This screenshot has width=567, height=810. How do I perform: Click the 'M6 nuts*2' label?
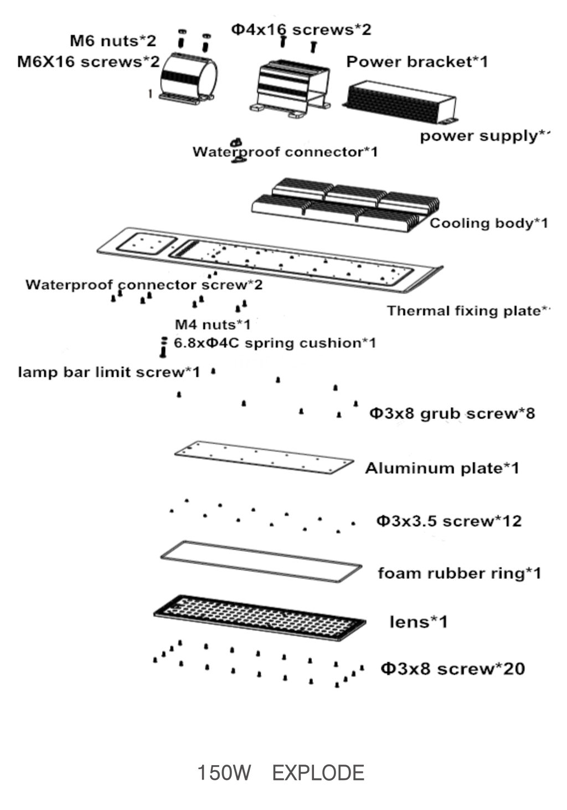point(113,41)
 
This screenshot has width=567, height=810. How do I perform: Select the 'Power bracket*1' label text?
point(417,61)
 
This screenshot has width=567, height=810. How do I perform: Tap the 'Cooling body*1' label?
point(488,223)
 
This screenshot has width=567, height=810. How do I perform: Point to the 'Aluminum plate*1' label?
point(442,468)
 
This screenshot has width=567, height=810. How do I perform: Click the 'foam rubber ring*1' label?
point(459,573)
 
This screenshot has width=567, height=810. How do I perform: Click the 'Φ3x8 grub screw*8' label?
point(452,413)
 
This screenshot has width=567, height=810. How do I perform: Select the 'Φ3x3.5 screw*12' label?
point(449,521)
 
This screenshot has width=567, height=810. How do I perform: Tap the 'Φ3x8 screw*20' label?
point(452,668)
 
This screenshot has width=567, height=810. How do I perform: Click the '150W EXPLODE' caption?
point(281,773)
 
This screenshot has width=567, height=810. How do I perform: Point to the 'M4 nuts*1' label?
point(213,324)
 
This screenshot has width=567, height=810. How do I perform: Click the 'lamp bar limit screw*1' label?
point(109,372)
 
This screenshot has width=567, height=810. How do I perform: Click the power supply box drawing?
point(400,101)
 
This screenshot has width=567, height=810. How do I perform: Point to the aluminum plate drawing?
point(264,457)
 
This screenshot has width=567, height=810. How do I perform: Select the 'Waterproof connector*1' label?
point(285,152)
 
